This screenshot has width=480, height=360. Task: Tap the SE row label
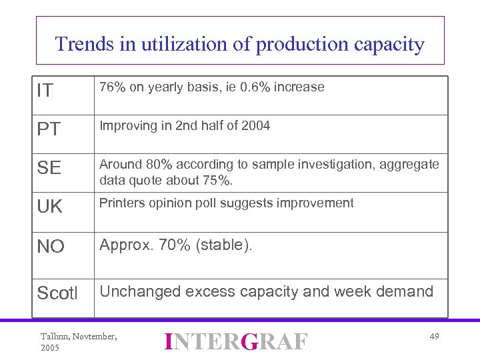49,169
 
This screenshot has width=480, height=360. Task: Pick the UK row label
50,207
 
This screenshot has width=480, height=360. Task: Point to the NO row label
51,247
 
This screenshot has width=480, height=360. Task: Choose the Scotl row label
57,293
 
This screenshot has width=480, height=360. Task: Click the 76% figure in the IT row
112,87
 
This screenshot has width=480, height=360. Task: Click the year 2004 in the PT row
256,126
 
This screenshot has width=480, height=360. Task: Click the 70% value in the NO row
175,245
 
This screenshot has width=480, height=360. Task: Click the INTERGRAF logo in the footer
237,341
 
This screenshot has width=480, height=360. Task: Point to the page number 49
434,337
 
